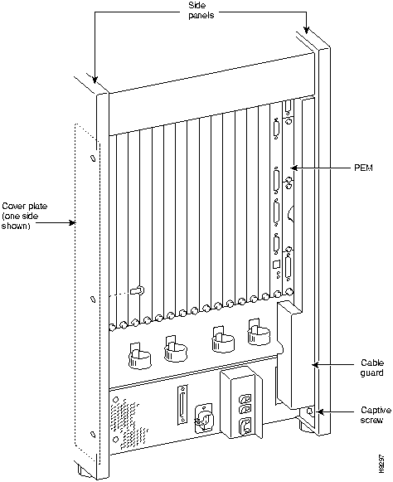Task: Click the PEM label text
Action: [363, 168]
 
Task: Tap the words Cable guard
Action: [372, 368]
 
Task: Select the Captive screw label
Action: [376, 415]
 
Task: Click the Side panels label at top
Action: [201, 10]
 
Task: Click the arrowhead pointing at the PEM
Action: [294, 168]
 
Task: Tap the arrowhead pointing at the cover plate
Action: [72, 222]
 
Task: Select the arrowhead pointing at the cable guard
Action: [315, 365]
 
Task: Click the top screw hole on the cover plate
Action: [93, 158]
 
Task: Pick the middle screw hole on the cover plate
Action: [92, 299]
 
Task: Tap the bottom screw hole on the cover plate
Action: [92, 435]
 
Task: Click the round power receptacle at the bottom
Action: [204, 419]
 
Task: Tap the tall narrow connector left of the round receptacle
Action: [182, 406]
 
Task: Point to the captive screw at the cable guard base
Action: [310, 411]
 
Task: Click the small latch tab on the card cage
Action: [136, 290]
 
